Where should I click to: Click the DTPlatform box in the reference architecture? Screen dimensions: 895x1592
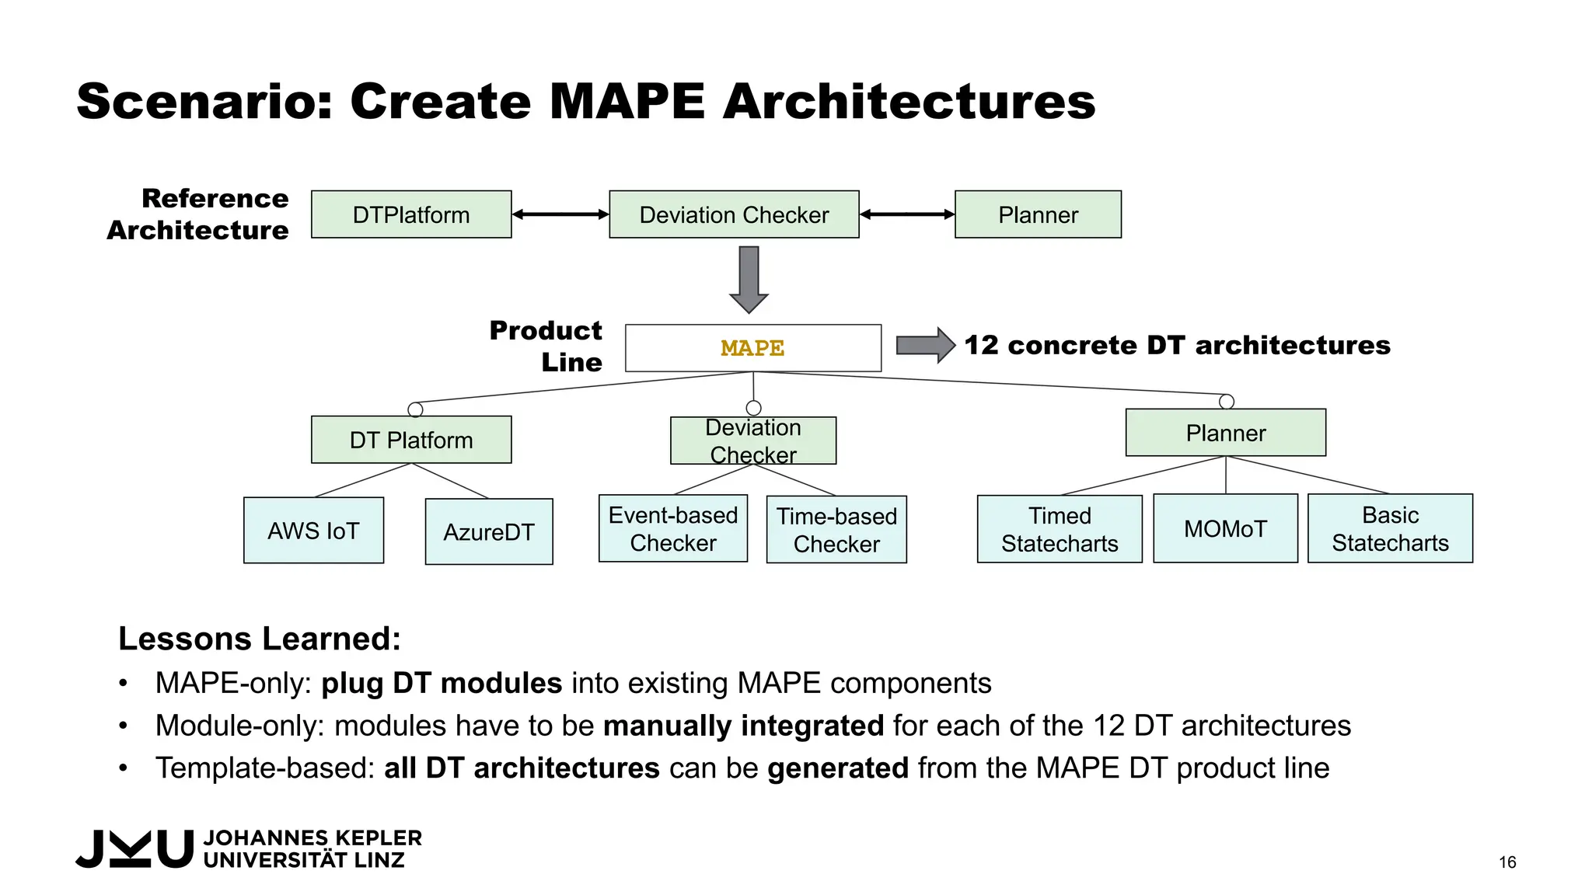[411, 214]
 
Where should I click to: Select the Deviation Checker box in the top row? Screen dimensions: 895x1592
[734, 214]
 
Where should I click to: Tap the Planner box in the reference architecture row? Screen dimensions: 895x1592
[1038, 214]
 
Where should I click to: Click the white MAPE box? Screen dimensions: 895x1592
[752, 348]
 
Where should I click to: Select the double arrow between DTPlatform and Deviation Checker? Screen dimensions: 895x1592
[560, 214]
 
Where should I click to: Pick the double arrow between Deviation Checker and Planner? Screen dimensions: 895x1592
[907, 214]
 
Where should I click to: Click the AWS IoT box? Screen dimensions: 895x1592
[313, 531]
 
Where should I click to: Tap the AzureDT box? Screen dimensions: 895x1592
[489, 532]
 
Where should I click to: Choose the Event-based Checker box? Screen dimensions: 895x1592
[673, 529]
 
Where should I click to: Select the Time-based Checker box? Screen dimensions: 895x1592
[836, 530]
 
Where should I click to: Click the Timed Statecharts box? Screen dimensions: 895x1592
[1060, 529]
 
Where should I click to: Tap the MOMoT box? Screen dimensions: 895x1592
[1225, 528]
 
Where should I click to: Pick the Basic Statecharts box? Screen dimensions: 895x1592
[1390, 528]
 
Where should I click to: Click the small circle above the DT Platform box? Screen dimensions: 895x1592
[416, 409]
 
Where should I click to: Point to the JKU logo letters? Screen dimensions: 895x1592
[134, 848]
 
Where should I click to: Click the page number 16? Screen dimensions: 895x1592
[1507, 862]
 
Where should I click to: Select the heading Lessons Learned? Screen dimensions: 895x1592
[260, 639]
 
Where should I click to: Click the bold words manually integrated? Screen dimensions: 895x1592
[743, 726]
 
